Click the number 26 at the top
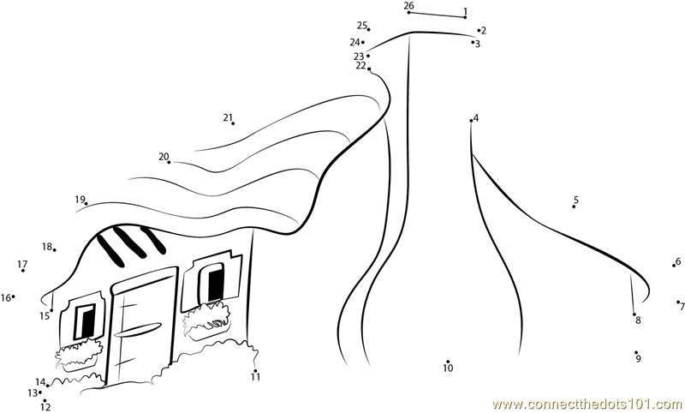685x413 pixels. tap(408, 6)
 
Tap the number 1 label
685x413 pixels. tap(465, 11)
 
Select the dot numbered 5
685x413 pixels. tap(574, 206)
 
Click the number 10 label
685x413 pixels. tap(448, 368)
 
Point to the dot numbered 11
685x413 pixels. tap(255, 371)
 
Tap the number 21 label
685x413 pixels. tap(228, 117)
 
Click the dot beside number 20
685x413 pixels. tap(170, 162)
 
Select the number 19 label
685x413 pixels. tap(80, 200)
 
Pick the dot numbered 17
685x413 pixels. tap(23, 271)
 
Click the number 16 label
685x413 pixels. tap(6, 298)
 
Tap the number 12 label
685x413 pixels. tap(45, 407)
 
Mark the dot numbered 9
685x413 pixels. tap(636, 352)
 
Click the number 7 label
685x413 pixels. tap(682, 307)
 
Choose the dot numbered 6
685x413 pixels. tap(674, 266)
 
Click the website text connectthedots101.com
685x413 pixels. tap(588, 404)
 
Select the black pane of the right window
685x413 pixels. tap(216, 284)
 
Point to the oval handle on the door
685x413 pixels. tap(137, 329)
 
